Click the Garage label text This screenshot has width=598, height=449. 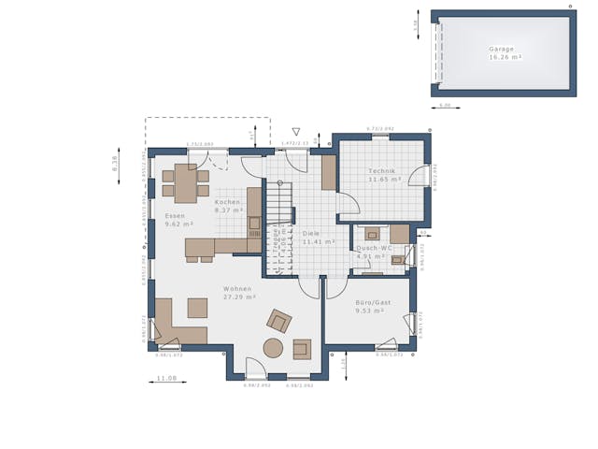click(502, 49)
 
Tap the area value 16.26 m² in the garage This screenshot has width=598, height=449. click(505, 57)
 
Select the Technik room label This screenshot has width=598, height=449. click(382, 171)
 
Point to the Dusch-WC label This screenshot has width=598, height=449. click(375, 248)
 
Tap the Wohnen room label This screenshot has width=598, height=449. click(237, 289)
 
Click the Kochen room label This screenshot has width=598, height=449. click(228, 202)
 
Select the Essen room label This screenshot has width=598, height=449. click(175, 216)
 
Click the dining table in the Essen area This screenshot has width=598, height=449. click(185, 183)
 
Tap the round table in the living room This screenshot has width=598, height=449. click(273, 348)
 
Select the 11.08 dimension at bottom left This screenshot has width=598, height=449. click(166, 378)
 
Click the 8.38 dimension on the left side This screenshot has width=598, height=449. click(115, 164)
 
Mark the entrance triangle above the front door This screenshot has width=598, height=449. click(296, 132)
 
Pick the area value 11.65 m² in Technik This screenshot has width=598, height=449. click(384, 179)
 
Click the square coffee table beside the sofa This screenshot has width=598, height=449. click(197, 308)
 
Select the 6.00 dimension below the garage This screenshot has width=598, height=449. click(445, 106)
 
